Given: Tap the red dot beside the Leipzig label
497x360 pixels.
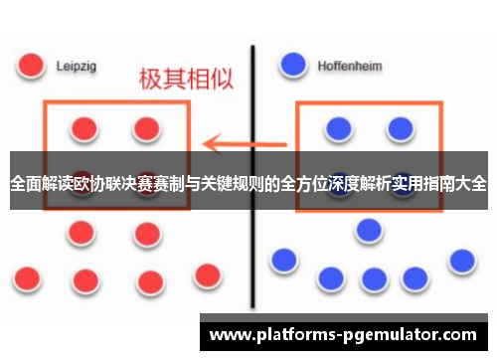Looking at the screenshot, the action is tap(32, 65).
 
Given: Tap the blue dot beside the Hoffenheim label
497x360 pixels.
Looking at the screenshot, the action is tap(292, 65).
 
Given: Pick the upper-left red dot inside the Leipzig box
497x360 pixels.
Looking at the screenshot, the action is tap(84, 128).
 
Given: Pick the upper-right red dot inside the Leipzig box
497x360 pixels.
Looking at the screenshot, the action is tap(147, 127).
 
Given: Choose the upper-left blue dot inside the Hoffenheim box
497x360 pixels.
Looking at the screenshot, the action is tap(339, 127).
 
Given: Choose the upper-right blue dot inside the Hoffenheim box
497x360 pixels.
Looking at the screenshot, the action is tap(400, 127).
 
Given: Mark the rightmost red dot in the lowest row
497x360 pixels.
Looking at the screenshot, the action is tap(207, 274).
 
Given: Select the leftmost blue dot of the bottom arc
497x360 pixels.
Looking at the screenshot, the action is tap(283, 261).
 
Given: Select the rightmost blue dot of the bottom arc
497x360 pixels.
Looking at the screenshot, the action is tap(461, 261).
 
